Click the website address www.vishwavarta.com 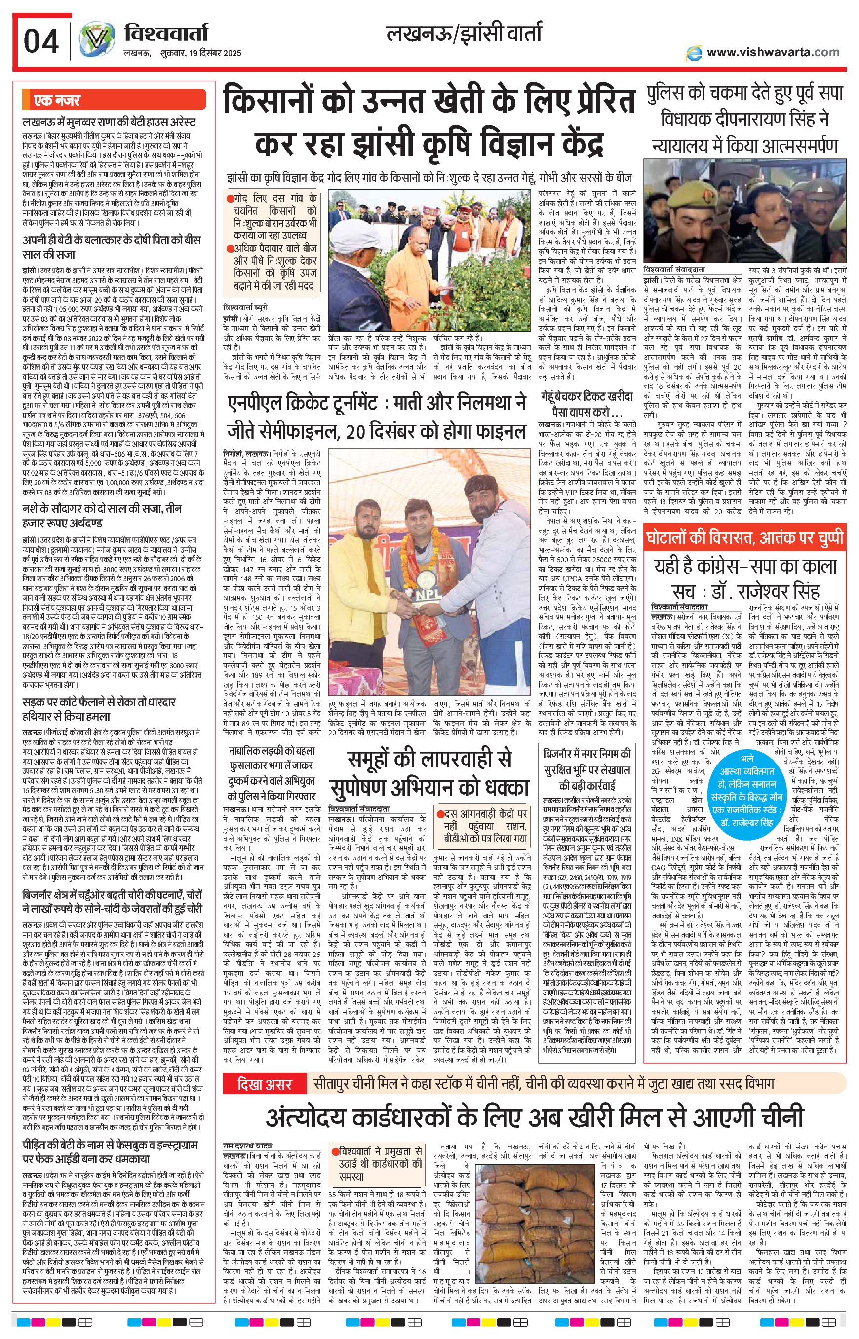773,52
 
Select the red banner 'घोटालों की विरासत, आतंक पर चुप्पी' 744,537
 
